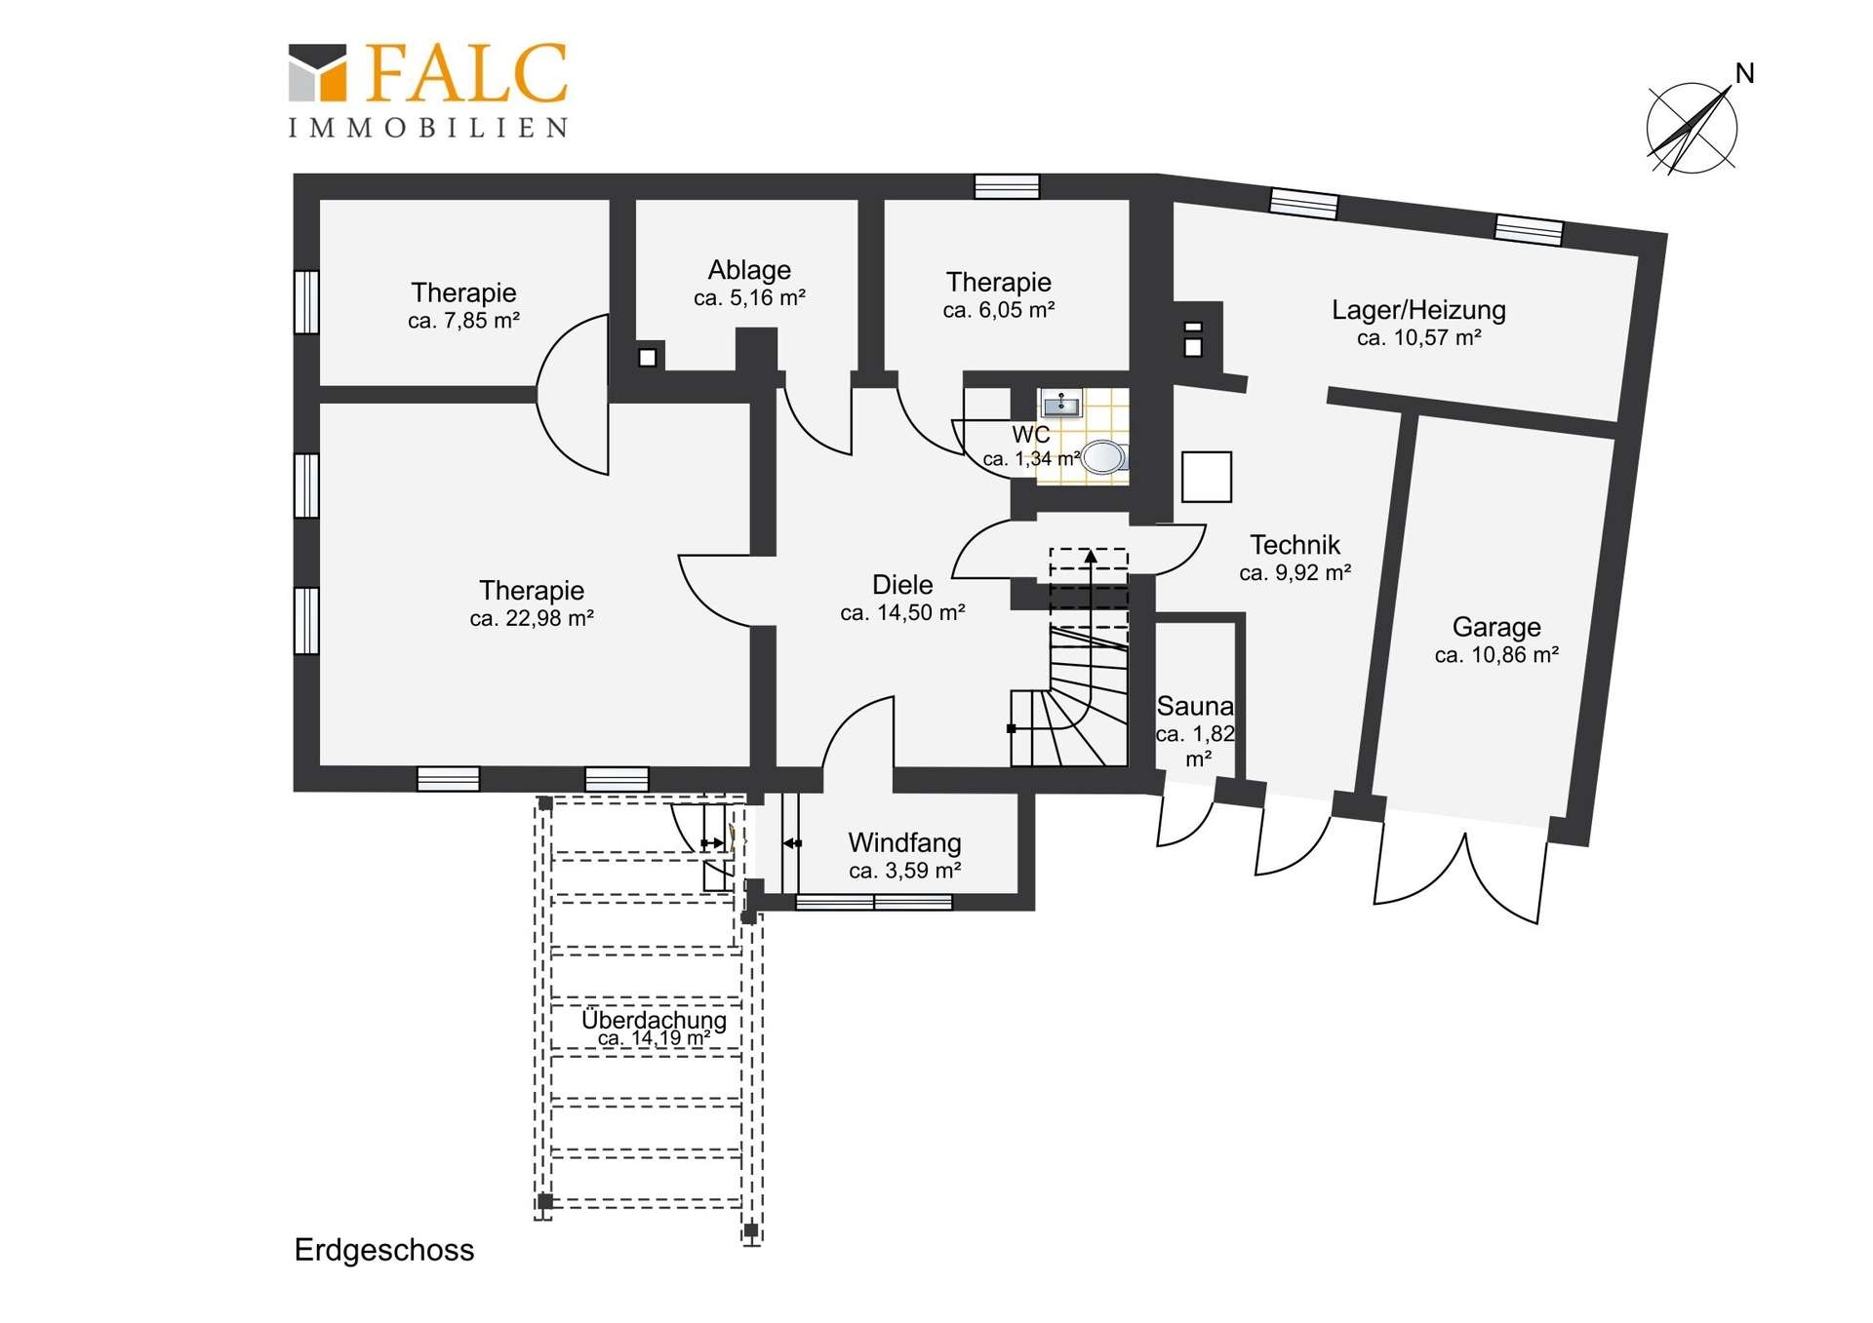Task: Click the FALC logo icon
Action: pos(317,73)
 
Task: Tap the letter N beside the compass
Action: pos(1745,74)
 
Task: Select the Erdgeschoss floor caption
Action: pos(384,1251)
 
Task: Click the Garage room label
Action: pos(1496,627)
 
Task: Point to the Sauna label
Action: pos(1195,706)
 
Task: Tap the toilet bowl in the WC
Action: pos(1104,456)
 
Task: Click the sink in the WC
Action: pos(1060,402)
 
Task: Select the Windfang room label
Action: pos(904,842)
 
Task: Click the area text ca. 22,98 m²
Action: pos(532,618)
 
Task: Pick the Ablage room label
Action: pos(749,270)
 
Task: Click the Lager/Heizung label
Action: pos(1418,311)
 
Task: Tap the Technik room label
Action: pos(1295,544)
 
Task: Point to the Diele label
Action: pos(902,585)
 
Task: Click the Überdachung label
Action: pos(654,1020)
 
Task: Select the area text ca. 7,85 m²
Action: pos(463,321)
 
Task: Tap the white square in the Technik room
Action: pos(1207,477)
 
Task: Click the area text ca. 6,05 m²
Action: pos(999,310)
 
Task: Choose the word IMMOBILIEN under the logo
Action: pos(428,128)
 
